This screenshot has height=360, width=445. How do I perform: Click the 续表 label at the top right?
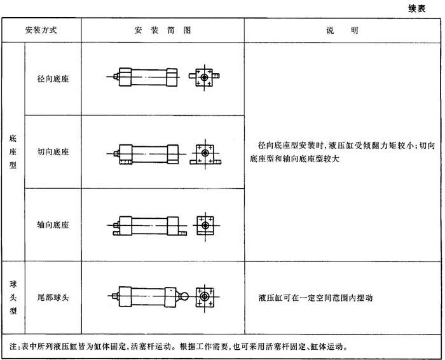click(x=417, y=9)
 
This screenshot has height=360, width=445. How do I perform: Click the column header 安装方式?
click(x=41, y=30)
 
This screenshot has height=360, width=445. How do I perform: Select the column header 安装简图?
click(x=163, y=30)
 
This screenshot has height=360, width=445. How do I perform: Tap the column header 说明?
click(x=342, y=30)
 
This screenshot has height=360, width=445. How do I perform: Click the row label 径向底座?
click(x=53, y=79)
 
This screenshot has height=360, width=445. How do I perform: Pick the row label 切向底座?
click(x=53, y=151)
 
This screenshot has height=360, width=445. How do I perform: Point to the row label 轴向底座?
click(x=53, y=225)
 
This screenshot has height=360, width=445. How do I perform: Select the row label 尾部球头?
click(x=53, y=297)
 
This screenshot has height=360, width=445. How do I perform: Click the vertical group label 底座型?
click(x=13, y=151)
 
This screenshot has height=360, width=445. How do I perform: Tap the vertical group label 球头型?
click(x=13, y=297)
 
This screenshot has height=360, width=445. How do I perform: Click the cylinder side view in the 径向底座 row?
click(x=143, y=77)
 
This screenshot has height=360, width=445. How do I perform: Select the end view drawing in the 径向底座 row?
click(x=204, y=77)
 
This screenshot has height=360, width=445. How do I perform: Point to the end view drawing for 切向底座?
click(x=205, y=154)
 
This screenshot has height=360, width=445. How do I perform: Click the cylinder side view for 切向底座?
click(x=146, y=154)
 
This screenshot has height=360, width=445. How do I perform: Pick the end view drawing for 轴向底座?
click(x=205, y=226)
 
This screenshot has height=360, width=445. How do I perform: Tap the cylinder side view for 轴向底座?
click(x=147, y=226)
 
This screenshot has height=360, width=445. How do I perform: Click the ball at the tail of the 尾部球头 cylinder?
click(x=184, y=296)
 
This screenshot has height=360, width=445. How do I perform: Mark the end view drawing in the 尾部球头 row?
click(x=205, y=297)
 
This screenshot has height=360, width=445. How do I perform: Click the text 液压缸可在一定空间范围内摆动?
click(x=315, y=298)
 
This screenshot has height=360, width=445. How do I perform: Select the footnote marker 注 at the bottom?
click(x=13, y=347)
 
